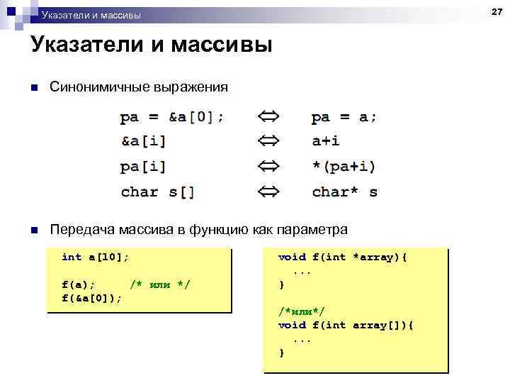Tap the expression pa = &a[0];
172,117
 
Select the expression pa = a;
344,117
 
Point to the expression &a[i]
143,141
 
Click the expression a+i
327,141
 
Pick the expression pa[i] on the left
143,167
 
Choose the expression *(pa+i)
344,167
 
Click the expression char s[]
157,191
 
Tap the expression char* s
344,191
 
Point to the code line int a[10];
95,257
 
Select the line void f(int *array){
342,257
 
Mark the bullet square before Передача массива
33,230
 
